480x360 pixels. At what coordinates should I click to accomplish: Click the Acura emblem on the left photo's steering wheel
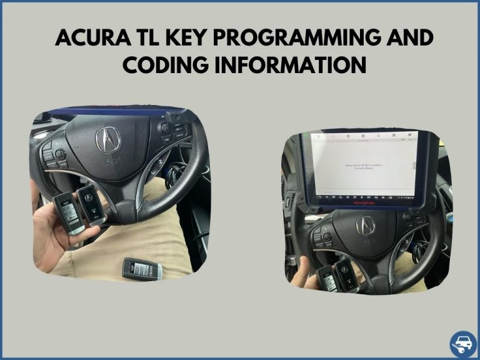click(107, 139)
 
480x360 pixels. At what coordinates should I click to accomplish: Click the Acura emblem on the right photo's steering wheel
click(365, 226)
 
